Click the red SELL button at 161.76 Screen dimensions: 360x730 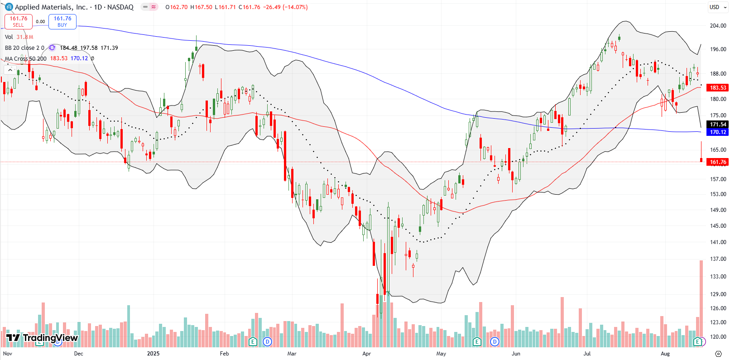[19, 21]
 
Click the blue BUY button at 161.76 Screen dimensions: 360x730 [62, 21]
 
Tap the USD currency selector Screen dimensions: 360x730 [718, 7]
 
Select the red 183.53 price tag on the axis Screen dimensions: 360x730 [718, 88]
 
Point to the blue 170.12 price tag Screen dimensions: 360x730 [718, 132]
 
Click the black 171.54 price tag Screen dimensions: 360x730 [718, 124]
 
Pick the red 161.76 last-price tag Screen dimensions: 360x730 [718, 162]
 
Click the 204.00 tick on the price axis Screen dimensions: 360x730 [718, 26]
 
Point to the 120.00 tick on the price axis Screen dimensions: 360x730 [718, 337]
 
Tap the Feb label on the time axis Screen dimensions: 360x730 [224, 354]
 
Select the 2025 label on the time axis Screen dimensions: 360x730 [153, 354]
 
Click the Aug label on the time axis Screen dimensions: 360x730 [665, 354]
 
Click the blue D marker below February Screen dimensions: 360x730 [268, 341]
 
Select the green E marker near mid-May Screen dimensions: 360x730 [476, 341]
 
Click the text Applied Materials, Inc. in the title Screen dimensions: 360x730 [51, 7]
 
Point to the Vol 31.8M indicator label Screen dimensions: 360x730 [19, 37]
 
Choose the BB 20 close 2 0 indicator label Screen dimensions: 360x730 [24, 48]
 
